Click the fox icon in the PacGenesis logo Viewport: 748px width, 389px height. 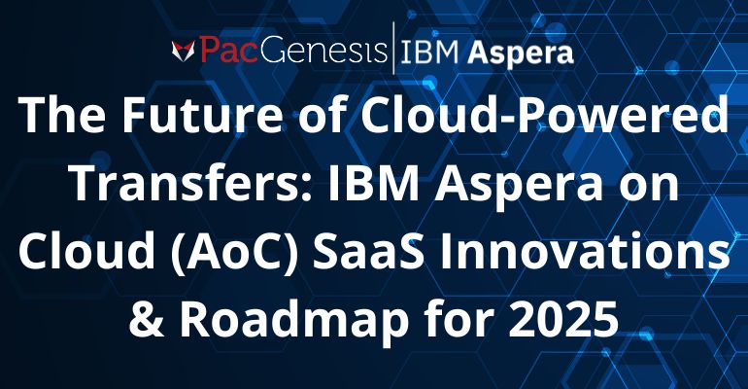(x=184, y=52)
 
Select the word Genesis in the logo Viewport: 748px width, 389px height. (x=323, y=51)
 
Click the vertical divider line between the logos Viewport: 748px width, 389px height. (x=393, y=48)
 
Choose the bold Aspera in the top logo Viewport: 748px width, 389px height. (x=521, y=53)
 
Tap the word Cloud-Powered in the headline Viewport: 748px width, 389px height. (x=545, y=115)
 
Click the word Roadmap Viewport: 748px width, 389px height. (x=293, y=321)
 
